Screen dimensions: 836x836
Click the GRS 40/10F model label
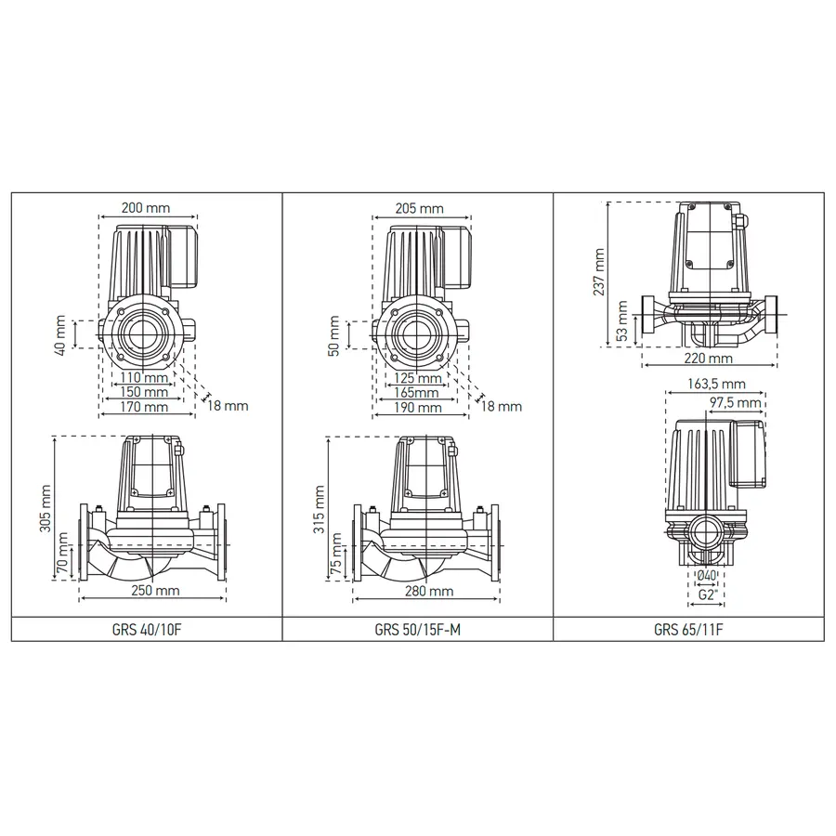[x=145, y=628]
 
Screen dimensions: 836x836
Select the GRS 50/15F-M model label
[x=418, y=628]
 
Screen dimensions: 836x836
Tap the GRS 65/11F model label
[x=688, y=628]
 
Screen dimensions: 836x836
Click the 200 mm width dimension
[x=146, y=209]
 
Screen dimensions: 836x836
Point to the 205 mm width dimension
[x=419, y=209]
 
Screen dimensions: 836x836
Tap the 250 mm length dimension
[x=154, y=591]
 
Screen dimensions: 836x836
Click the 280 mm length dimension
[x=427, y=591]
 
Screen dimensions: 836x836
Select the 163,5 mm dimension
[x=719, y=383]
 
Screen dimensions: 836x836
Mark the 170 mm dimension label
[x=147, y=407]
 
